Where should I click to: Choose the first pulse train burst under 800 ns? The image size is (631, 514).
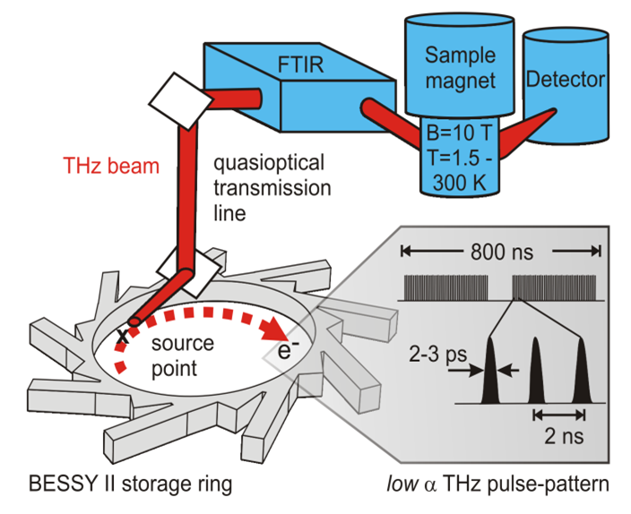tap(444, 287)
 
